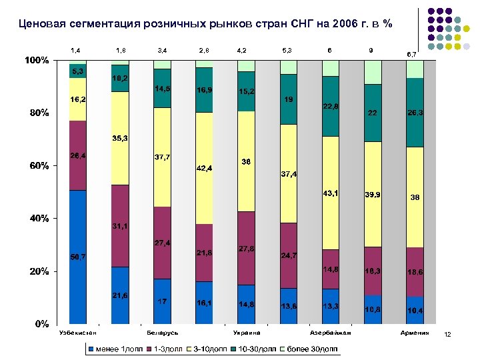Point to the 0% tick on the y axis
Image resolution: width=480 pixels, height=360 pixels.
coord(41,324)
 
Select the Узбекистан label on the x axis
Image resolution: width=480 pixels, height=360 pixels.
coord(77,333)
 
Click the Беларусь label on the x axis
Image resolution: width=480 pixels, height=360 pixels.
coord(162,333)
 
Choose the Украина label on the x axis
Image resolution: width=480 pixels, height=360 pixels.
coord(247,333)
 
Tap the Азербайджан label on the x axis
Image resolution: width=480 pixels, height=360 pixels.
coord(331,333)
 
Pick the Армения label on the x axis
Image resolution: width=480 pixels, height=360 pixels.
coord(415,333)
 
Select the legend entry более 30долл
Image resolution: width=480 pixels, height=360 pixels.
coord(312,349)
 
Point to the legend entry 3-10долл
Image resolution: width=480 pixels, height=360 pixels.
coord(212,349)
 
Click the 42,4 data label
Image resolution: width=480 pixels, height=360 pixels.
coord(204,168)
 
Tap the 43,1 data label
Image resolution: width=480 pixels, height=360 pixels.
coord(330,193)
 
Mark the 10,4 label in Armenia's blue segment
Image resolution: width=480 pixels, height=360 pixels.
coord(415,311)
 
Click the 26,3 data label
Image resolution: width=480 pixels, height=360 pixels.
coord(415,113)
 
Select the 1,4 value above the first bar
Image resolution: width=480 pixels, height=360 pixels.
coord(75,50)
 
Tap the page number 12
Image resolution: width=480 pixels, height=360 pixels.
coord(448,343)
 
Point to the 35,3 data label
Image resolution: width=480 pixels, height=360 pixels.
coord(120,138)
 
